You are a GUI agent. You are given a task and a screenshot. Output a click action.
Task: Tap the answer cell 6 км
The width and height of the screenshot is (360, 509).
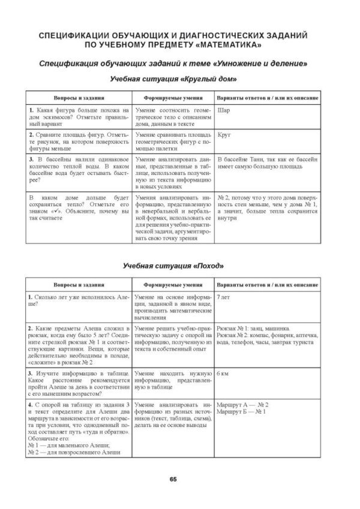[224, 372]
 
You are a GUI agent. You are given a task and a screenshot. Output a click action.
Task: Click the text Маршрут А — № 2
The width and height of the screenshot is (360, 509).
[243, 405]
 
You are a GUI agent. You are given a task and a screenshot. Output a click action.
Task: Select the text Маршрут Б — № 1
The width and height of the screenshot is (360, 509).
[242, 412]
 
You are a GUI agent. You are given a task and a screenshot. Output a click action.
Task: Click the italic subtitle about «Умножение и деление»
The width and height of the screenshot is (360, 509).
[172, 63]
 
